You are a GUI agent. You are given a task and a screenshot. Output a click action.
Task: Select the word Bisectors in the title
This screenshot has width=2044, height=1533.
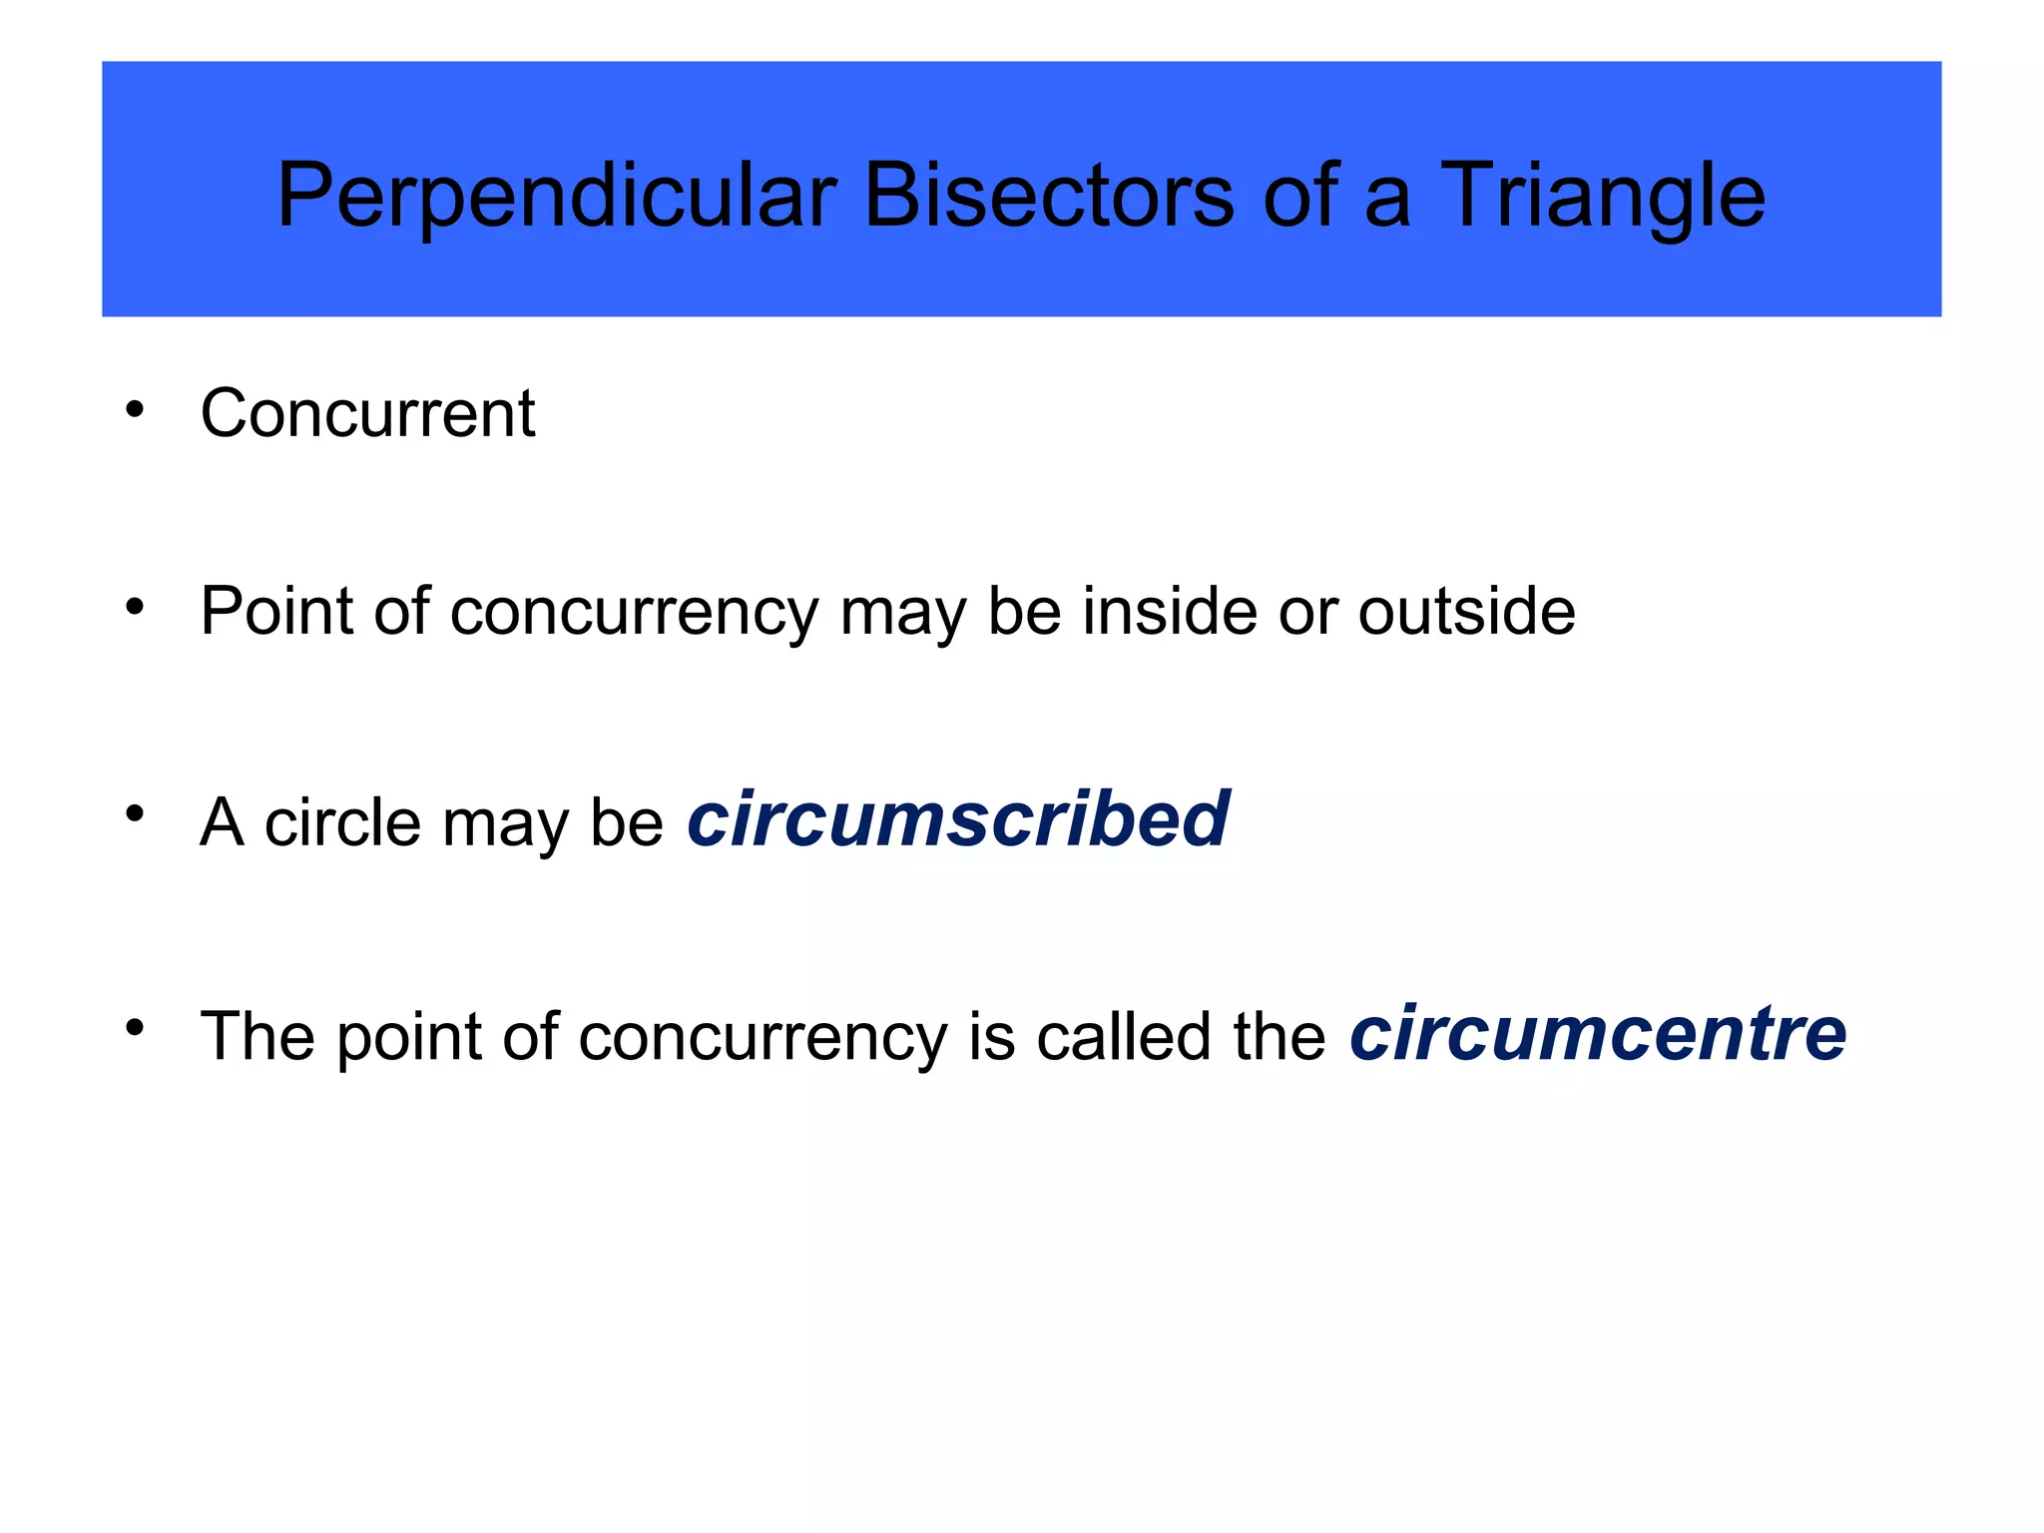[x=1049, y=196]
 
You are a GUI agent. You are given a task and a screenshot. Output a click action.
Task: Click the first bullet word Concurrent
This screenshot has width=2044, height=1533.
[x=367, y=413]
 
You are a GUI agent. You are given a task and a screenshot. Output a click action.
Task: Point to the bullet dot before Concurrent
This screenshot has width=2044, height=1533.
[x=135, y=408]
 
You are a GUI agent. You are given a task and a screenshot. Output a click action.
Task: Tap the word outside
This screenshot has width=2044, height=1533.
[x=1466, y=611]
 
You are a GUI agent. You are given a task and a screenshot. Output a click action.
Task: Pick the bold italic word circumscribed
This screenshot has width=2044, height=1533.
[x=958, y=819]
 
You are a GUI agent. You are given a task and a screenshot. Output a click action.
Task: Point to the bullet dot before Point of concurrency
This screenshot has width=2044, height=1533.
[x=135, y=605]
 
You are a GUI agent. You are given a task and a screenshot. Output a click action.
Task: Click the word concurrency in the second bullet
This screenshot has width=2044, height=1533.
[x=634, y=613]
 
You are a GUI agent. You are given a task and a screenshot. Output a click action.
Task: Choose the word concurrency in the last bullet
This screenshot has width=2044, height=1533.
[x=763, y=1038]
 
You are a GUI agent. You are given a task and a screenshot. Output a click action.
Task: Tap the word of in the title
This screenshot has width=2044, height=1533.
[x=1299, y=196]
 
